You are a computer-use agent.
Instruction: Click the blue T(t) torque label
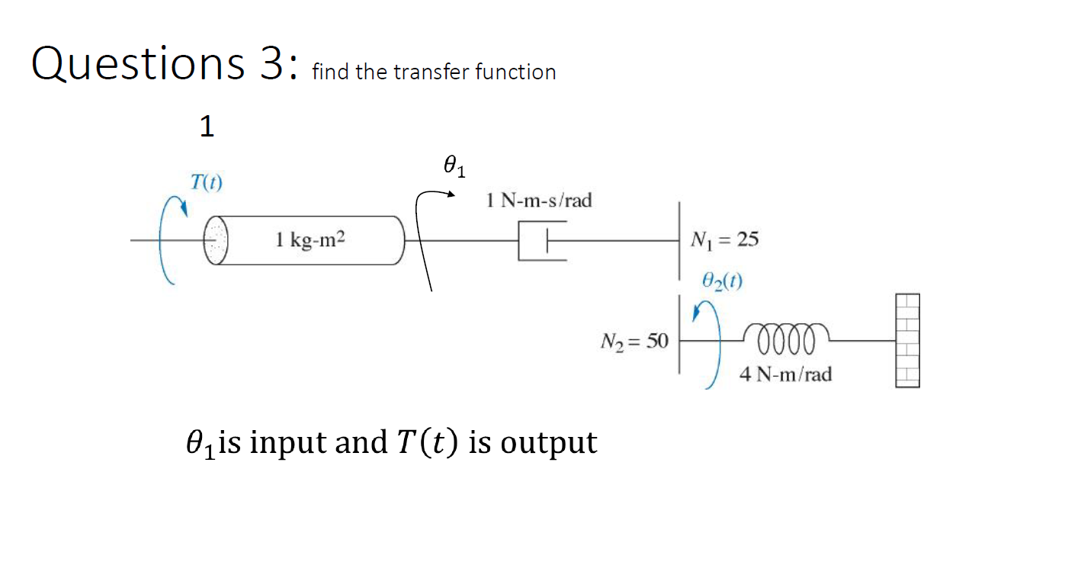[206, 182]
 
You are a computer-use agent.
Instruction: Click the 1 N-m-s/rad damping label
[538, 201]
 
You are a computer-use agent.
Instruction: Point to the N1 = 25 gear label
[723, 240]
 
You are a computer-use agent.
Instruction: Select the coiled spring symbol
[785, 336]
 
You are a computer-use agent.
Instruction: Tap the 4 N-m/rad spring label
[785, 374]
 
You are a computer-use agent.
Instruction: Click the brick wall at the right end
[907, 341]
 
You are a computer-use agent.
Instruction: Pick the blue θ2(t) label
[722, 281]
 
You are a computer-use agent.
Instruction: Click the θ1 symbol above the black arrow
[453, 165]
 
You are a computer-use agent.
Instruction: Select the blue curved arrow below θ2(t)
[709, 343]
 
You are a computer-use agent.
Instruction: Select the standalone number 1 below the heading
[207, 127]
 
